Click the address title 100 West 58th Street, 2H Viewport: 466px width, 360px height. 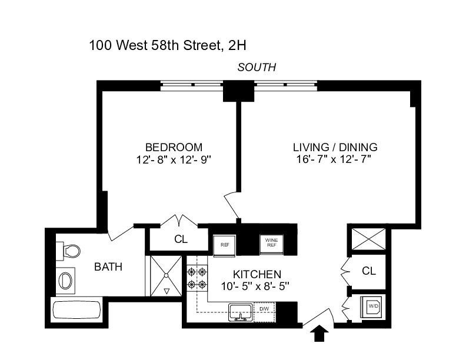tap(171, 45)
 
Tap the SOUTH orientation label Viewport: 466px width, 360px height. tap(257, 67)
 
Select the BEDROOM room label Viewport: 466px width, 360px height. tap(174, 147)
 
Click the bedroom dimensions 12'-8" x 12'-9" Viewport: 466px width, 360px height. tap(174, 159)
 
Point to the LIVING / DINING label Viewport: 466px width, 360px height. tap(335, 147)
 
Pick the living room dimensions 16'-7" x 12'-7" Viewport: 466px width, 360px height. tap(335, 159)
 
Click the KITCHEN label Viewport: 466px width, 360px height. tap(257, 274)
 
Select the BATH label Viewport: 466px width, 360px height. tap(109, 266)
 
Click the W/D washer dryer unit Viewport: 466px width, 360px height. tap(373, 306)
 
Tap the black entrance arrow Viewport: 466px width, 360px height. tap(319, 334)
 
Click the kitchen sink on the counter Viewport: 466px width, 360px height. tap(241, 311)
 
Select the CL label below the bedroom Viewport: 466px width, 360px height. tap(181, 239)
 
